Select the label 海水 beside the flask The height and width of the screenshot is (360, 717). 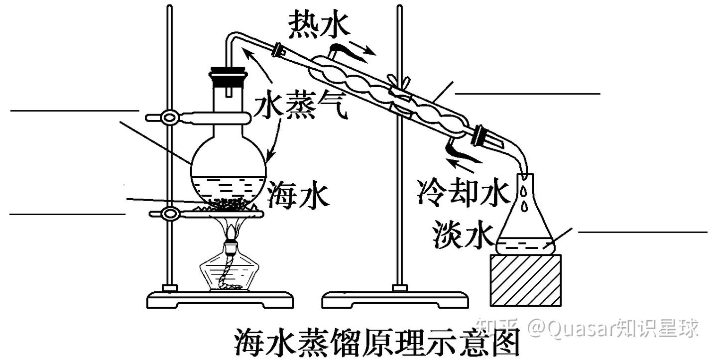[x=298, y=194]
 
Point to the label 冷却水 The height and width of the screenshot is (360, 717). [x=464, y=192]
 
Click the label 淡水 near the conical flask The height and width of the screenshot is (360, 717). [x=463, y=234]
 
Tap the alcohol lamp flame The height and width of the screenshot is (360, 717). [x=232, y=231]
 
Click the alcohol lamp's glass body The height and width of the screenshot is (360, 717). [x=229, y=271]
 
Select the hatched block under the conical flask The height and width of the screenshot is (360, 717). [x=526, y=280]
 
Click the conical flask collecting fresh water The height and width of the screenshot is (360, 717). [x=525, y=224]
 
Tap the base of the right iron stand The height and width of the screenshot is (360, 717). [x=396, y=300]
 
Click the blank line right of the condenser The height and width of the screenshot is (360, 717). [x=528, y=93]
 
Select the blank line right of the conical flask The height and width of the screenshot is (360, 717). [x=642, y=232]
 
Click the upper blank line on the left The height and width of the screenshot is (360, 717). [x=75, y=110]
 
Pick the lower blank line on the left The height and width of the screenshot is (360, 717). [x=67, y=214]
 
